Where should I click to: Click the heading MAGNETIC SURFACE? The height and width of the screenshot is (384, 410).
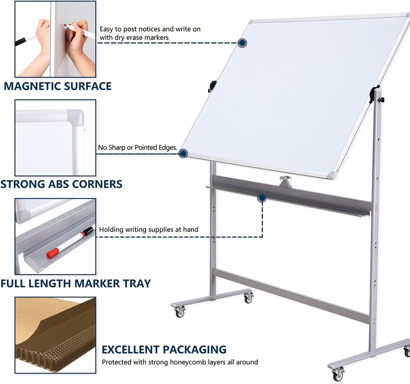tap(58, 86)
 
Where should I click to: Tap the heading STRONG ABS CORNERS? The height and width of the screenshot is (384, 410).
tap(61, 184)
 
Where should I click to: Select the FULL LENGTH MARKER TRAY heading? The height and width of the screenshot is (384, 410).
tap(75, 284)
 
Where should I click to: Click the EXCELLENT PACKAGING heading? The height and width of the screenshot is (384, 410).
tap(164, 350)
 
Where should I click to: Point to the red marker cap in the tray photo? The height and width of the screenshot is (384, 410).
tap(53, 253)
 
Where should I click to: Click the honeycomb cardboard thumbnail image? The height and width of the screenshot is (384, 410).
tap(55, 335)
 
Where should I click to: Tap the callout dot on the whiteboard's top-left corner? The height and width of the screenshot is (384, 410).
tap(242, 43)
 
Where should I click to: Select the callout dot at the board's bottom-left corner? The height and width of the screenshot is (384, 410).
tap(183, 153)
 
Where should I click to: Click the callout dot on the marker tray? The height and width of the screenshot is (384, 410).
tap(262, 198)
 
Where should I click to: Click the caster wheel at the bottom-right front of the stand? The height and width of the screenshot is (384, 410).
tap(338, 373)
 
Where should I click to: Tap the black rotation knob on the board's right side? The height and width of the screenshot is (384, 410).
tap(373, 94)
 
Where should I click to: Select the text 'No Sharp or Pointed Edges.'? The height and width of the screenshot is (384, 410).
tap(138, 147)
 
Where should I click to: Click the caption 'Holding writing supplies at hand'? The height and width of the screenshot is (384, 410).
tap(149, 230)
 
